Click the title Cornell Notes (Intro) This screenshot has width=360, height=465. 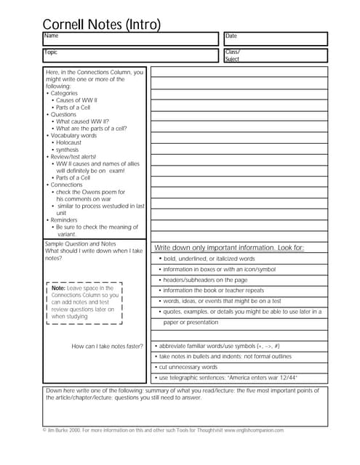102,25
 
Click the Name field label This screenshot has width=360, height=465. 51,36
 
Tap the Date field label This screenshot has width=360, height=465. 231,36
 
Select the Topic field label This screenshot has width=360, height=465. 51,52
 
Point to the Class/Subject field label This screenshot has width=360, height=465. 233,55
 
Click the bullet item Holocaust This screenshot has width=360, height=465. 73,142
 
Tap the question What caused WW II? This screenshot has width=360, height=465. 81,121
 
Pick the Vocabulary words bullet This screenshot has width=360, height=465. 73,135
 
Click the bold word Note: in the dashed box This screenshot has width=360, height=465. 58,288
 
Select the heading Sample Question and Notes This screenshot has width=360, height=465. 81,244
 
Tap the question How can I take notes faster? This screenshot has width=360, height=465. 108,346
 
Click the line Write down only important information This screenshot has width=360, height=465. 229,248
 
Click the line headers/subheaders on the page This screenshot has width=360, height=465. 204,280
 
